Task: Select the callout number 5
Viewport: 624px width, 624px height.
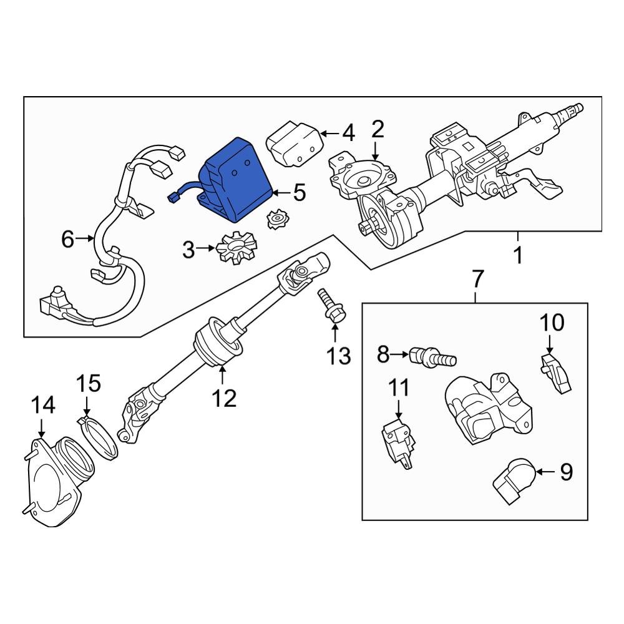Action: pyautogui.click(x=300, y=193)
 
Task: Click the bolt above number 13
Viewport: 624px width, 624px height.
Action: pyautogui.click(x=330, y=305)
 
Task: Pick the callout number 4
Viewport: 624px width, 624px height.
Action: pyautogui.click(x=348, y=133)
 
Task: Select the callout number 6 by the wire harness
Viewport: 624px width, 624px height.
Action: pyautogui.click(x=68, y=238)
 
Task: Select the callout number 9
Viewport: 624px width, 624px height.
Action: pyautogui.click(x=565, y=472)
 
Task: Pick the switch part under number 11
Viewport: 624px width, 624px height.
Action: pyautogui.click(x=397, y=441)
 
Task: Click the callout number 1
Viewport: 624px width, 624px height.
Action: pyautogui.click(x=517, y=255)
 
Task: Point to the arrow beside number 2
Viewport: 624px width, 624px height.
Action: pyautogui.click(x=376, y=150)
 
